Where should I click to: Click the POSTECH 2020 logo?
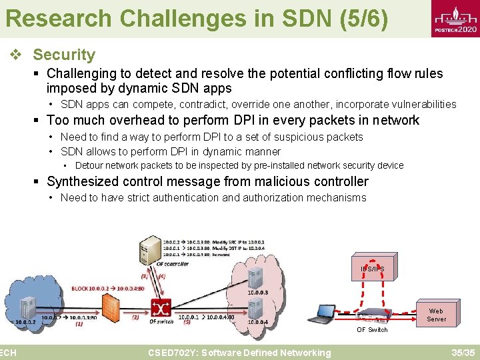coord(455,20)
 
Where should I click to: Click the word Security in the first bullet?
coord(64,55)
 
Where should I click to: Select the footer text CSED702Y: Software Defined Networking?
coord(239,353)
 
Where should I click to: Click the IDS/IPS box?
coord(372,269)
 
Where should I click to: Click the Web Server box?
coord(436,315)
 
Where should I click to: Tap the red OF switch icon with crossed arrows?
coord(161,307)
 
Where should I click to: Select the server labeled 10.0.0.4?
coord(255,308)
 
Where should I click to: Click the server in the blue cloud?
coord(27,307)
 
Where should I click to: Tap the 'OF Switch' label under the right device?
coord(371,330)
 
